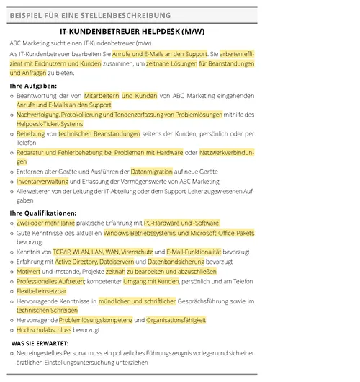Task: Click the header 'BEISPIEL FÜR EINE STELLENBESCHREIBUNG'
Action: click(x=91, y=15)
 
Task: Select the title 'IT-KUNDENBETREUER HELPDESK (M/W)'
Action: click(x=132, y=32)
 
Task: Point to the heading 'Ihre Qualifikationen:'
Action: click(x=43, y=213)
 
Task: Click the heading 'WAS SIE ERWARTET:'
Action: click(x=40, y=343)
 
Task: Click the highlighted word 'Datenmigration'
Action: click(x=151, y=172)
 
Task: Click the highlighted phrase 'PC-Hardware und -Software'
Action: click(x=181, y=223)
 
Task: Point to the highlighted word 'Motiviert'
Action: click(x=29, y=271)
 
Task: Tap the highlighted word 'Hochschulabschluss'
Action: click(x=45, y=329)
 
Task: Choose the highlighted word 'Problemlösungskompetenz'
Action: click(x=101, y=320)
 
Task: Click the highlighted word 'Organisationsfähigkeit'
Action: click(x=176, y=320)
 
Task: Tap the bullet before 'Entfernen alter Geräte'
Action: click(x=12, y=172)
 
